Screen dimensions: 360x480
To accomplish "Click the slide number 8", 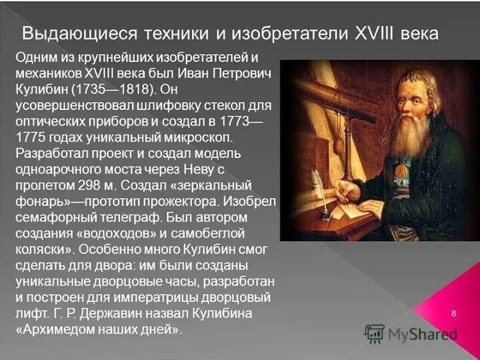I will tap(453, 313).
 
